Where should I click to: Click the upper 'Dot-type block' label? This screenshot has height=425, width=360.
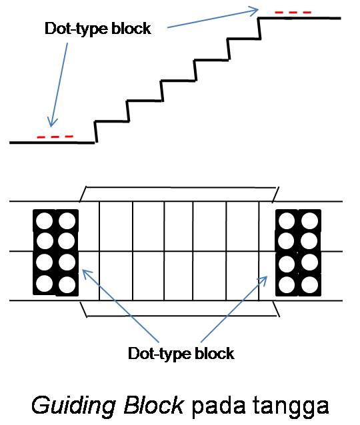point(97,29)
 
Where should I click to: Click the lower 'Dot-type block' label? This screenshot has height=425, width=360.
point(181,353)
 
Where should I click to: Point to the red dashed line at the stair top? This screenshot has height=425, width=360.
point(293,12)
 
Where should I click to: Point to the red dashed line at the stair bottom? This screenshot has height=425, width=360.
point(55,137)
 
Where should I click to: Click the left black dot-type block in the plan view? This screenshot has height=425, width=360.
point(55,252)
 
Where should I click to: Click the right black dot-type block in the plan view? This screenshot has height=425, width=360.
point(298,252)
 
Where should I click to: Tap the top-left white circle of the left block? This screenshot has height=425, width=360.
point(44,220)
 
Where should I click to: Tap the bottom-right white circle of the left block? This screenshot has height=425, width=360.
point(67,284)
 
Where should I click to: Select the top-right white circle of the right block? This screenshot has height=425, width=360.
point(309,220)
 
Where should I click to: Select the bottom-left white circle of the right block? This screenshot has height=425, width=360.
point(287,284)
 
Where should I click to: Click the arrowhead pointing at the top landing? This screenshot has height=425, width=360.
point(254,10)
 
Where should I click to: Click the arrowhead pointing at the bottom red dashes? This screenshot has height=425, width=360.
point(49,123)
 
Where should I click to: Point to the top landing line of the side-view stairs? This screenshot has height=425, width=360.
point(300,18)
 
